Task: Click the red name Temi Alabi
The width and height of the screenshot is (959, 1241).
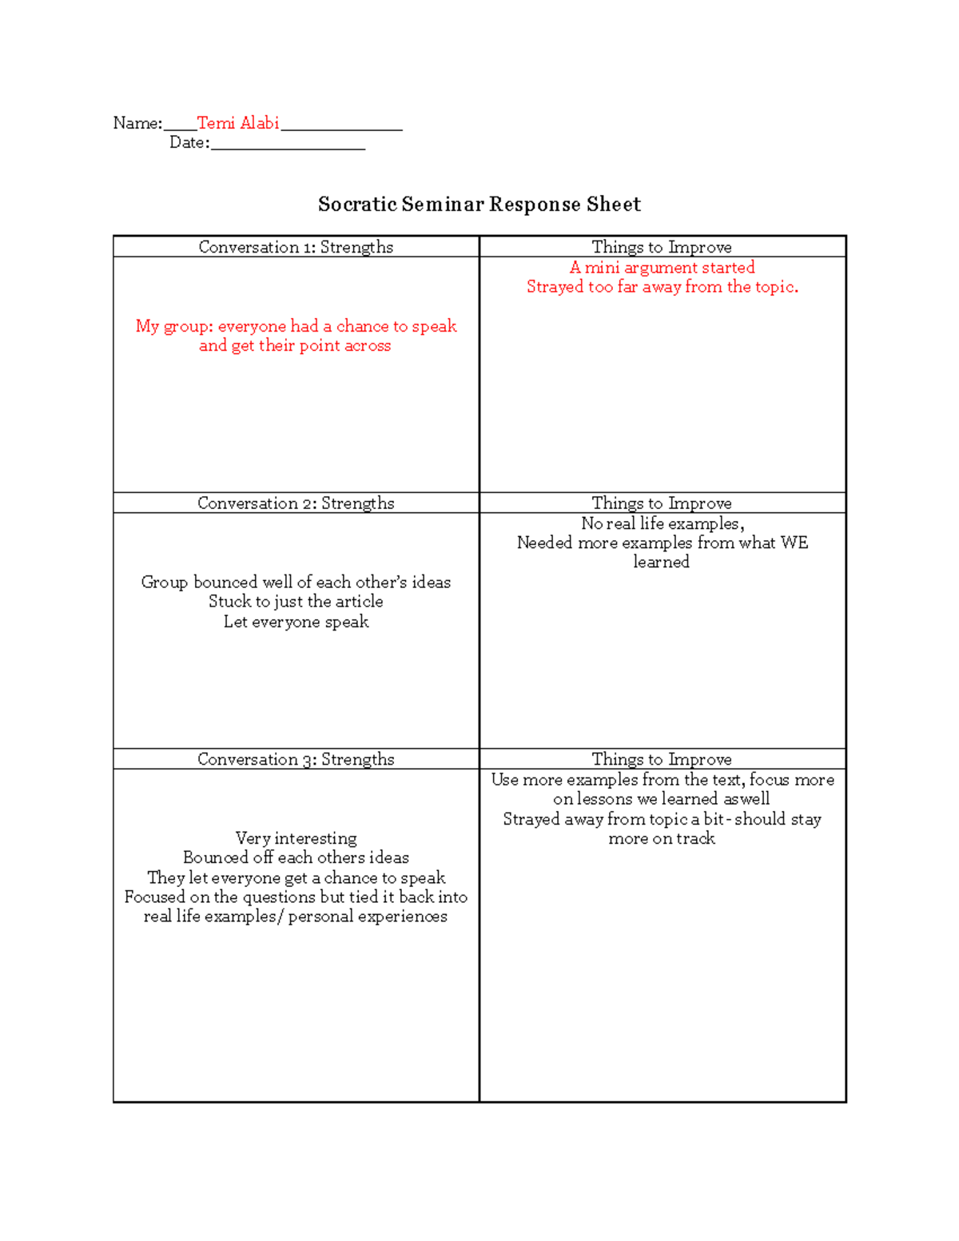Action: coord(237,123)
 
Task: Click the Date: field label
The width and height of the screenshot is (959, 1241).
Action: coord(189,143)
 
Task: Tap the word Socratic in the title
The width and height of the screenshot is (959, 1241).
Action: coord(357,205)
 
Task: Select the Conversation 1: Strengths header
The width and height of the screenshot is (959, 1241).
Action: coord(296,247)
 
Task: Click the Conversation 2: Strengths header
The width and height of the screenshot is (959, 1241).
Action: coord(296,503)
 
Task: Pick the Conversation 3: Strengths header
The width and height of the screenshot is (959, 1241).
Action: coord(296,759)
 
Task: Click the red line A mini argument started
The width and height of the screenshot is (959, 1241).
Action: coord(662,268)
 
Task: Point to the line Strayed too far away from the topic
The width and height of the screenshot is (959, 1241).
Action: coord(662,287)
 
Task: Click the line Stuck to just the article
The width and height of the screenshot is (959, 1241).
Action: coord(296,602)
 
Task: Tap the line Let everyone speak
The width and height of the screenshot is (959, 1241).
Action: coord(296,622)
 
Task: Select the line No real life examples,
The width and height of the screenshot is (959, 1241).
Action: coord(662,523)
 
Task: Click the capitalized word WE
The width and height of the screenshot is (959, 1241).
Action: coord(794,543)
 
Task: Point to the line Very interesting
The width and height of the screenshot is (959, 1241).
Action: coord(296,838)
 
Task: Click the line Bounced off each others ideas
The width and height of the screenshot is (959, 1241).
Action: coord(296,857)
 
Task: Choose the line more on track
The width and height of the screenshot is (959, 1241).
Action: coord(662,838)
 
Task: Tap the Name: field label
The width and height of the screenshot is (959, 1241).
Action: coord(137,123)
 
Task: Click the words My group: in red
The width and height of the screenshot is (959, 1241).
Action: coord(173,326)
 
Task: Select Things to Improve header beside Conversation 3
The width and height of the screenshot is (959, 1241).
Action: coord(662,759)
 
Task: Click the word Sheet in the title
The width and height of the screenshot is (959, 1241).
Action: coord(613,205)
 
